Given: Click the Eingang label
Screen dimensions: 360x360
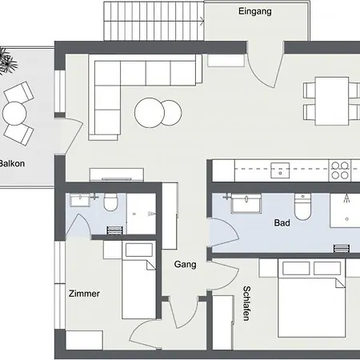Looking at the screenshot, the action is coord(255,11).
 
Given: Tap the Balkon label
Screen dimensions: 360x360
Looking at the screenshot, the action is coord(12,163).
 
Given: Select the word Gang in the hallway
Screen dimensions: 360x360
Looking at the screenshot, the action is coord(185,264).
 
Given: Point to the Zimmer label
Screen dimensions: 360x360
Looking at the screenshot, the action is coord(84,294).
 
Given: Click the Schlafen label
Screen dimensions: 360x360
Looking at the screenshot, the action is coord(246,303).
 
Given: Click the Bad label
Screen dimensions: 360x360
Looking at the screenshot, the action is coord(282,222).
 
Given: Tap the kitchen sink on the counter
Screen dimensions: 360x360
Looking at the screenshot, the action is coord(280,170).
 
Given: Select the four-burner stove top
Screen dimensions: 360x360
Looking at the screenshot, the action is coord(339,170).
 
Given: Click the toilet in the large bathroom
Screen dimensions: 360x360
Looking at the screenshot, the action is coord(302,207).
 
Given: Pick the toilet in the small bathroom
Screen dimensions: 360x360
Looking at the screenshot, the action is coord(110,202).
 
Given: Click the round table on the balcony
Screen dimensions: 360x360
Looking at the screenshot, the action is coord(14,113).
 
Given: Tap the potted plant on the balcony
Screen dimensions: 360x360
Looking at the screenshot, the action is coord(6,62).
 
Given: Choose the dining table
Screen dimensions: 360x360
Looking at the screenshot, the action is coord(332,101).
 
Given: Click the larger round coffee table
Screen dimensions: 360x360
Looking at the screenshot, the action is coord(150,113).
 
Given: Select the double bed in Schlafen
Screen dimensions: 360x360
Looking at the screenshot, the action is coord(311,298).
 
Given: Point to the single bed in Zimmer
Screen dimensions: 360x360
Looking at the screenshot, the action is coord(138,280).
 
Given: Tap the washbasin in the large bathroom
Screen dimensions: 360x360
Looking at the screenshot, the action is coord(246,203).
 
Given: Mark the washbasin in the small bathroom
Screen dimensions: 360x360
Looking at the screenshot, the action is coord(80,200).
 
